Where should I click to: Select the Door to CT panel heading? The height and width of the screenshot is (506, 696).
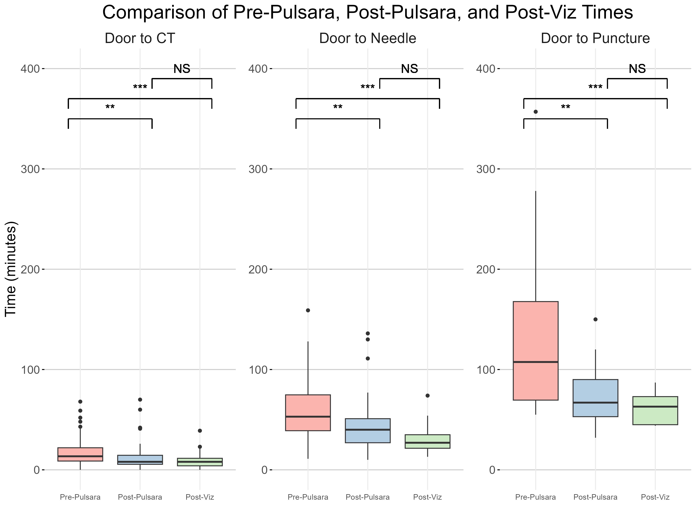tap(140, 39)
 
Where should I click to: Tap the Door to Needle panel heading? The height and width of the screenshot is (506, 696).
tap(368, 39)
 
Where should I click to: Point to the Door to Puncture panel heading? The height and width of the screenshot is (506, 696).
tap(595, 39)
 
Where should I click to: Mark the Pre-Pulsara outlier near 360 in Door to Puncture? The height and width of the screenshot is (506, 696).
tap(535, 112)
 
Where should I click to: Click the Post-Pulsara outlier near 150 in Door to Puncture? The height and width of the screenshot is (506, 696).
tap(595, 319)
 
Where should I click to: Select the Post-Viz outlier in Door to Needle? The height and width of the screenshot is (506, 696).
tap(428, 396)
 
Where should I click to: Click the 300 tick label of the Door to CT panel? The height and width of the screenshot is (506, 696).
tap(30, 169)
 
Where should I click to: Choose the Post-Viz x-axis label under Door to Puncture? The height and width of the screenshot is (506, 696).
tap(655, 497)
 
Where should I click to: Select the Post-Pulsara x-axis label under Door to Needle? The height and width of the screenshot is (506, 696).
tap(368, 497)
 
